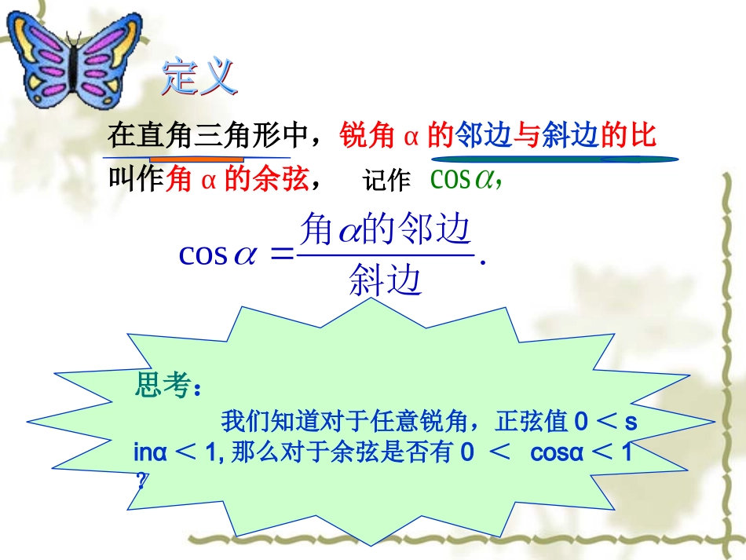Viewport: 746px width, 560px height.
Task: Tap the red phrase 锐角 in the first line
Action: tap(366, 136)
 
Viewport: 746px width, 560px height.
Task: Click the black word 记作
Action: tap(386, 181)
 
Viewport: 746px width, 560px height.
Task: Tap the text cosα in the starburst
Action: tap(557, 452)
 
